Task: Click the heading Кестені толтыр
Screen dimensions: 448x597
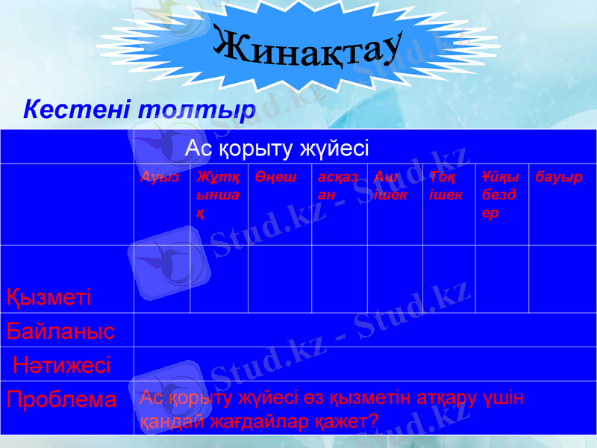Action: (140, 109)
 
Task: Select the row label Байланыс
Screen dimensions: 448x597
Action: (61, 331)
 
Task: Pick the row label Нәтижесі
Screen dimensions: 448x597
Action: (62, 365)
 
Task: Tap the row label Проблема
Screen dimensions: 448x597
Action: (62, 399)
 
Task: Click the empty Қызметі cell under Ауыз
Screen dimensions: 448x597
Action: (162, 279)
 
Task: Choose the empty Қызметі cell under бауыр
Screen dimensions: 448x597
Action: (562, 279)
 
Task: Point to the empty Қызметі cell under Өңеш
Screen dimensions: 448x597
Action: (278, 279)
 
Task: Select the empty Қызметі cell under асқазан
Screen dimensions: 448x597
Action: (339, 279)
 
